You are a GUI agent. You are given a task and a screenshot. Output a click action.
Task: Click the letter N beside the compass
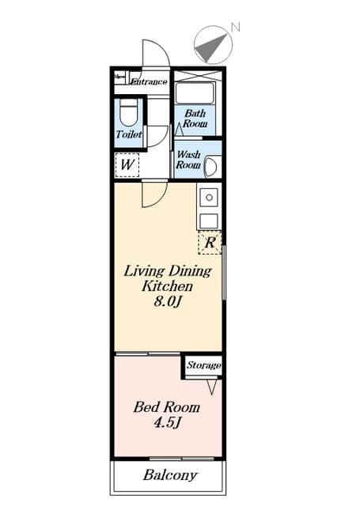point(236,27)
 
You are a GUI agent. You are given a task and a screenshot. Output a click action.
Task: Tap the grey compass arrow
point(211,47)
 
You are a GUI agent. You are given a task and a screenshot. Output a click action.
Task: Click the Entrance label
point(150,81)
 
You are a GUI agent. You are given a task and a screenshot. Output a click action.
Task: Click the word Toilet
point(129,134)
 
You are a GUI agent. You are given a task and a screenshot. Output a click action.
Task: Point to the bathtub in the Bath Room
point(195,93)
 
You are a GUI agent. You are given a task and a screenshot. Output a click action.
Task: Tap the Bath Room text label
point(195,119)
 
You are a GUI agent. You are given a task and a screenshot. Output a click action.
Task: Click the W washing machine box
point(127,165)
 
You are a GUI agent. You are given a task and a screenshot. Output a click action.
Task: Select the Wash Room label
point(188,160)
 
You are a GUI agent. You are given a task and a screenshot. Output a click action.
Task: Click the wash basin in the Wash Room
point(213,167)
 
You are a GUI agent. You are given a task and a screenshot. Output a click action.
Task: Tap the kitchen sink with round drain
point(209,198)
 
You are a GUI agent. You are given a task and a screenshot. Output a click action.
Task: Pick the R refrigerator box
point(210,243)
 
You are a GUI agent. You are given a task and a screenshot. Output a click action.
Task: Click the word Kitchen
point(167,286)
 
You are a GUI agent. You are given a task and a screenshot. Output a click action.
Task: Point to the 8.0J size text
point(167,302)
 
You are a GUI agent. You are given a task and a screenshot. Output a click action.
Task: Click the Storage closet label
point(203,365)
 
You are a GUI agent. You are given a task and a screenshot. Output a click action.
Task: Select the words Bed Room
point(167,407)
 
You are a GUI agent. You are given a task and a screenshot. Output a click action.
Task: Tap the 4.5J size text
point(167,423)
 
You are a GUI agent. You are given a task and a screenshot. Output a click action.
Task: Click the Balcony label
point(170,475)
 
